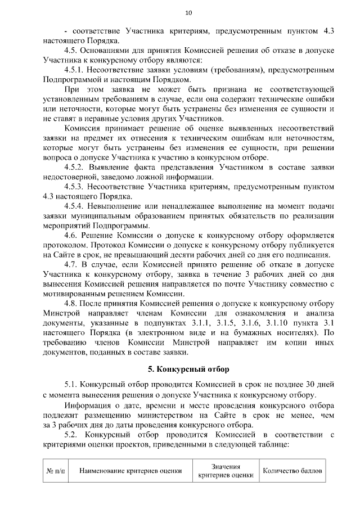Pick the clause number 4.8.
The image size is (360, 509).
73,303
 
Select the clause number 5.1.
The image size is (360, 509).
73,385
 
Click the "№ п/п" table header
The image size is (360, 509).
55,471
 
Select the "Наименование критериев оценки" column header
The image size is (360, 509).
130,471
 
